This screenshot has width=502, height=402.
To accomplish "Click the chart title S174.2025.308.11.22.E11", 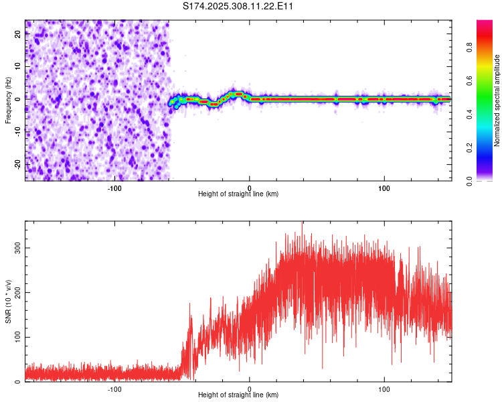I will [238, 6].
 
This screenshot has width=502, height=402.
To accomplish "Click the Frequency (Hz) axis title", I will [8, 100].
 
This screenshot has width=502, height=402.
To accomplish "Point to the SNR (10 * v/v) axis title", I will [8, 302].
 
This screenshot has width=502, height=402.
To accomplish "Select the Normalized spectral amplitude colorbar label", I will [497, 100].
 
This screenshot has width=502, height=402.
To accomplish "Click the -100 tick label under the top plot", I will [114, 188].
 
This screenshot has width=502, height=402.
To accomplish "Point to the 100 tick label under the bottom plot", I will [384, 389].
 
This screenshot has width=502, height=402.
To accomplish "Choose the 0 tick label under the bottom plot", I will [250, 389].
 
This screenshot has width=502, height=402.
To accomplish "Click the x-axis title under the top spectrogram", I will [238, 194].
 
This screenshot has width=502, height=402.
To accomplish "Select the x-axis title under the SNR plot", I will [238, 395].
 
